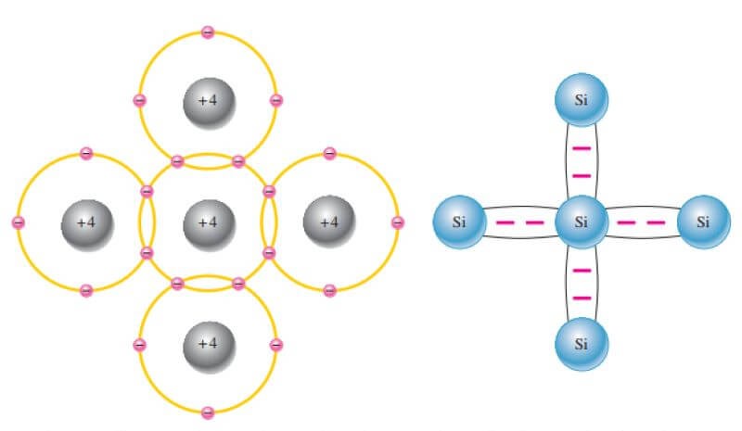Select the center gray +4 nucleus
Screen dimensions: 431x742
208,222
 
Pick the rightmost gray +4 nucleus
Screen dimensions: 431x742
329,222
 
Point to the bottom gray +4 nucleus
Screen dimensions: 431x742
208,343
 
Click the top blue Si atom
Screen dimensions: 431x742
582,100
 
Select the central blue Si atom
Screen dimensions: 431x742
582,222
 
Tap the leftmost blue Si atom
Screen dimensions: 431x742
459,222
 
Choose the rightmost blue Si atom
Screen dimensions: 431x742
703,222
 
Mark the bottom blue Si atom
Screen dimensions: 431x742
582,344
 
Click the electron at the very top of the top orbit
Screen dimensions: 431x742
208,32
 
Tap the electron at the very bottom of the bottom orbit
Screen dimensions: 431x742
208,412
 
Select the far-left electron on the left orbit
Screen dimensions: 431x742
18,222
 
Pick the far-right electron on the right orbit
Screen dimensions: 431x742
398,222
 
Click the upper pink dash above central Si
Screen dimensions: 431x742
582,147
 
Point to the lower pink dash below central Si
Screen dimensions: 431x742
582,298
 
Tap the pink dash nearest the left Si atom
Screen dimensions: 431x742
506,222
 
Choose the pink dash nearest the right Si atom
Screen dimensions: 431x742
657,222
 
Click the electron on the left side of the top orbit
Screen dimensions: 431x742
139,100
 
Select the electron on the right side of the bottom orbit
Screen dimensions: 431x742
276,345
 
